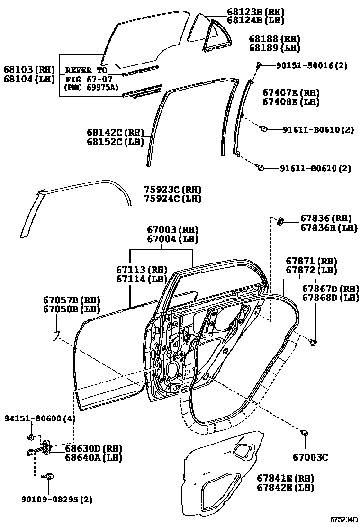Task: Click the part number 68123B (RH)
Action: pos(255,11)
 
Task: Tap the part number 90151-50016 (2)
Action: pos(311,66)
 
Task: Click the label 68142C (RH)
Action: pos(115,133)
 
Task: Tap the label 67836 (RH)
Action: pos(326,218)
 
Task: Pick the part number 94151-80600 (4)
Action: pos(40,418)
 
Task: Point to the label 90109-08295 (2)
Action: pos(57,499)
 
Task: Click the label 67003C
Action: pos(310,457)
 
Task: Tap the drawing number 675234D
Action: pos(344,519)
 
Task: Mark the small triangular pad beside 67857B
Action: pos(55,336)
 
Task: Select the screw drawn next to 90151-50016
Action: pos(259,65)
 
